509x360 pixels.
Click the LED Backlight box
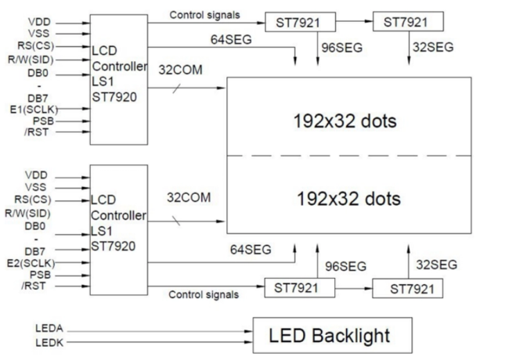[x=329, y=336]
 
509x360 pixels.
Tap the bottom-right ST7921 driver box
[x=405, y=289]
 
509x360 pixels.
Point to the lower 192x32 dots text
[x=348, y=197]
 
